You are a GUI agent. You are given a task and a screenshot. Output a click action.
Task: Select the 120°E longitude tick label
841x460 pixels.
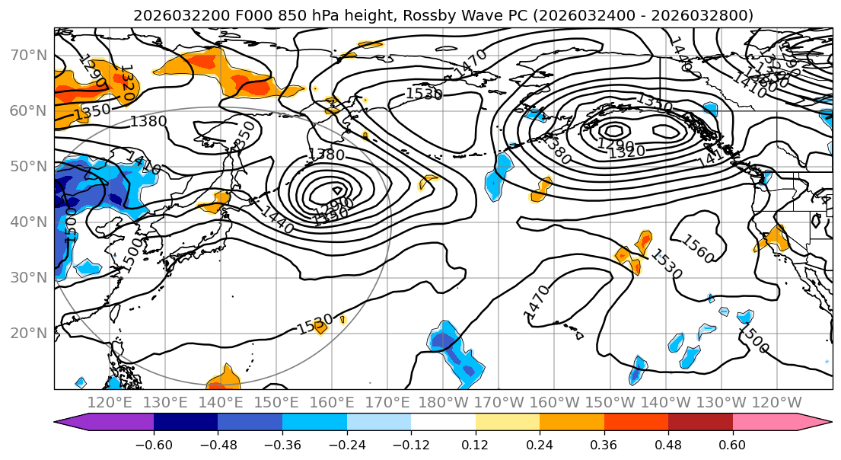110,402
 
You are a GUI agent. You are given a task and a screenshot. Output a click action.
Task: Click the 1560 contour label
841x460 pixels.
697,249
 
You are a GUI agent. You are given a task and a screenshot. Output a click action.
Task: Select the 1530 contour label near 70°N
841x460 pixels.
424,94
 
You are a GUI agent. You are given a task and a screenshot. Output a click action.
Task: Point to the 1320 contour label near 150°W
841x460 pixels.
626,152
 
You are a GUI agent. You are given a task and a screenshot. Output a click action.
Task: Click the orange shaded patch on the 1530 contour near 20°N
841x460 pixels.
320,327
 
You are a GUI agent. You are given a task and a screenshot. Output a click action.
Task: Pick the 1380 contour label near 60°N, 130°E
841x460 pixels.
148,121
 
